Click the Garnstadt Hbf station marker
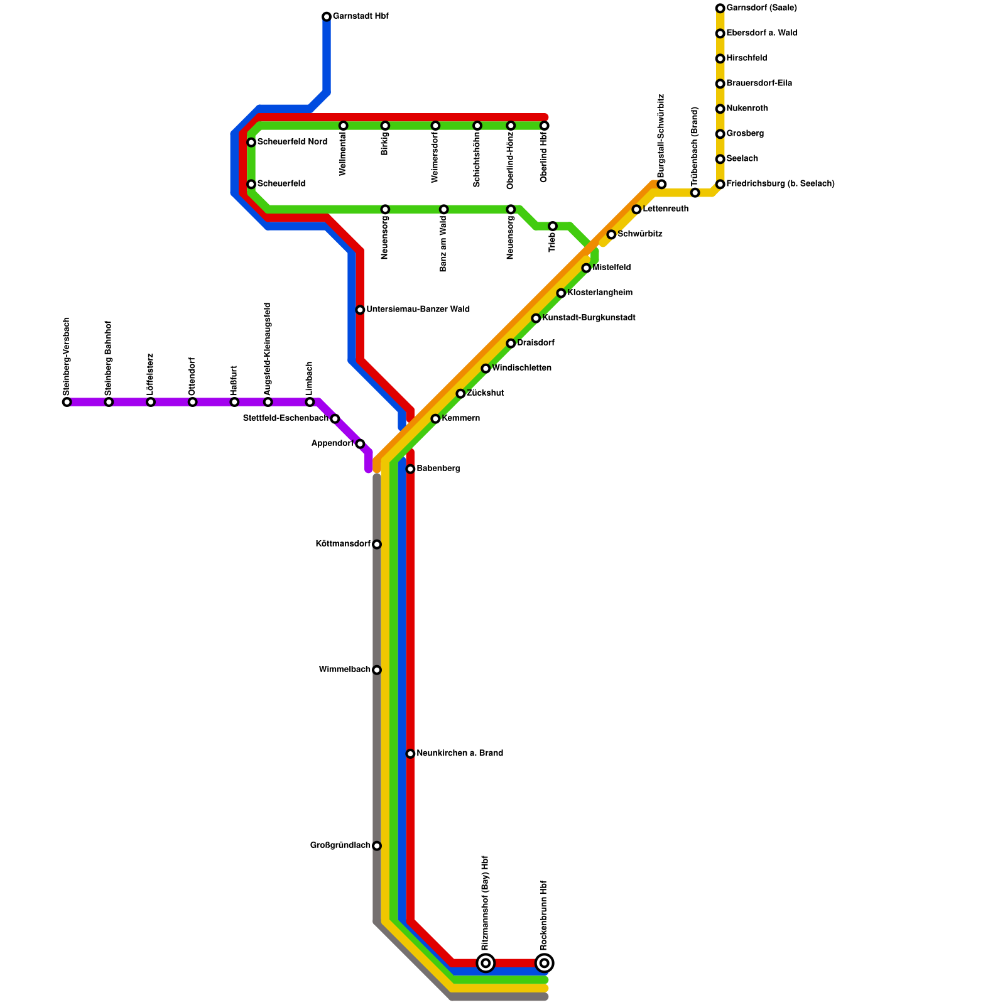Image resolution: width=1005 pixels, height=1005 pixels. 327,16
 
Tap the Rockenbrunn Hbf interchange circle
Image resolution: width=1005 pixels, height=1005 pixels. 545,962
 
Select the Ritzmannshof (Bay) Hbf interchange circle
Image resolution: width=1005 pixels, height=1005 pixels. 486,962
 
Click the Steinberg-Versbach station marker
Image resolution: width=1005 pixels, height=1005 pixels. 67,402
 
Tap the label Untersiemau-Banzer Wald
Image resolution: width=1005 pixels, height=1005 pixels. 418,310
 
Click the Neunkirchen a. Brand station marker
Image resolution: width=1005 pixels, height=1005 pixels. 410,753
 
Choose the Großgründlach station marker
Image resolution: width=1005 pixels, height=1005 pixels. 377,845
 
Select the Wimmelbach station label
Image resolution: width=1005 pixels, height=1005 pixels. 344,670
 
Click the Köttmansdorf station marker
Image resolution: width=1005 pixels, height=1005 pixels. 377,544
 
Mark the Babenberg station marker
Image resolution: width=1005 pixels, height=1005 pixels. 410,469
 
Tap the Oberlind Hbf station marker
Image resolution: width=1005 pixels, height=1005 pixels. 545,126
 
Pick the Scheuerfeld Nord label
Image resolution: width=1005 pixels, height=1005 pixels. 292,142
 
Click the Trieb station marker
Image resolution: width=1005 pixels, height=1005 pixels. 553,226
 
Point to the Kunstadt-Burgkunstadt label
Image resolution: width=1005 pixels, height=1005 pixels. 589,318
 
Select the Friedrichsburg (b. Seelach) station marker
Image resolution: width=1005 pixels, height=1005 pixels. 720,184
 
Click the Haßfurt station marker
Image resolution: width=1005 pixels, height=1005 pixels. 234,402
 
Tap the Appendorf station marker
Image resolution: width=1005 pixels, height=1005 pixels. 360,443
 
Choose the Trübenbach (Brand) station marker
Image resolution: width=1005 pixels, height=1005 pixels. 695,192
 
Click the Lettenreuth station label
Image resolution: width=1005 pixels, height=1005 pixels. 665,209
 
